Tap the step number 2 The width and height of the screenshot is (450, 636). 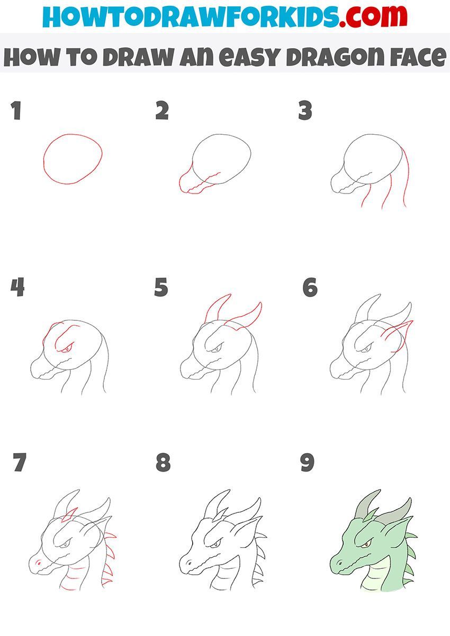point(162,111)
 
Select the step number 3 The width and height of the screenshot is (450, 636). point(305,111)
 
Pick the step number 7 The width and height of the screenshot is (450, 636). point(20,463)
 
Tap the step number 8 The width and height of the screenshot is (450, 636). point(163,463)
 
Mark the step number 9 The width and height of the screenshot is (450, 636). point(307,463)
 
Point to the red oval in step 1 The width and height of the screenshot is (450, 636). point(73,159)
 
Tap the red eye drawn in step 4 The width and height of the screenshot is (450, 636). point(65,349)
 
